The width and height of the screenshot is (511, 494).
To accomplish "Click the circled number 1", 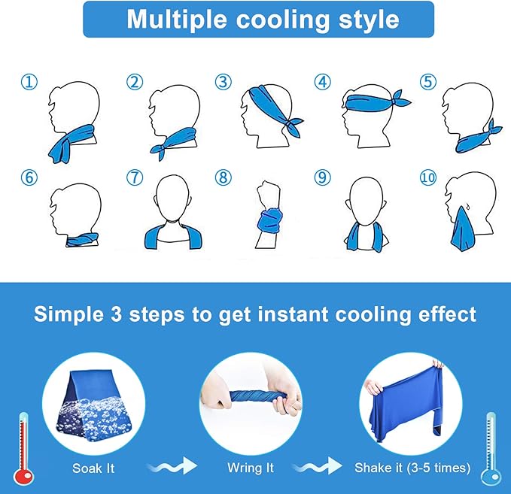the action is [x=29, y=82].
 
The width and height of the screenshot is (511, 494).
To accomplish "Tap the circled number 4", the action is [x=323, y=82].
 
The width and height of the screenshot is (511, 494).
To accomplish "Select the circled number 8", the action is [x=224, y=177].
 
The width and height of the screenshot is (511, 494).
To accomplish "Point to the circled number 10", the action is [x=428, y=177].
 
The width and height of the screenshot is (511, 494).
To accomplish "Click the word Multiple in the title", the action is [x=177, y=20].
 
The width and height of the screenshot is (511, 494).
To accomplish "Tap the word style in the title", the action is [x=369, y=20].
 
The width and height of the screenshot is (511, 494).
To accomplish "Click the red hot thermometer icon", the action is [x=23, y=449].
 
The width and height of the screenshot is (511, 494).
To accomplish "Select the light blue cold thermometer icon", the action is [x=491, y=449].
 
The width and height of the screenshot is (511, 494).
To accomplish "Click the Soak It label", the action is [x=93, y=468].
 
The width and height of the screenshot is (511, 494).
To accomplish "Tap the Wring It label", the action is [x=251, y=468].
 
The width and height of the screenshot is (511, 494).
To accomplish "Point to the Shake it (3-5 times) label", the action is [x=412, y=468].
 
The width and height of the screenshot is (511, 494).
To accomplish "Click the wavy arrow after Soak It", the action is [x=173, y=466].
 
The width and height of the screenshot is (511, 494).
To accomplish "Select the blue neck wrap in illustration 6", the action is [x=82, y=240].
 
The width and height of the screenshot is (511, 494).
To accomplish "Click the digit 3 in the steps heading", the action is [x=116, y=314].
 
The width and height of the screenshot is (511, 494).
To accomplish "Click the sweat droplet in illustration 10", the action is [x=467, y=206].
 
